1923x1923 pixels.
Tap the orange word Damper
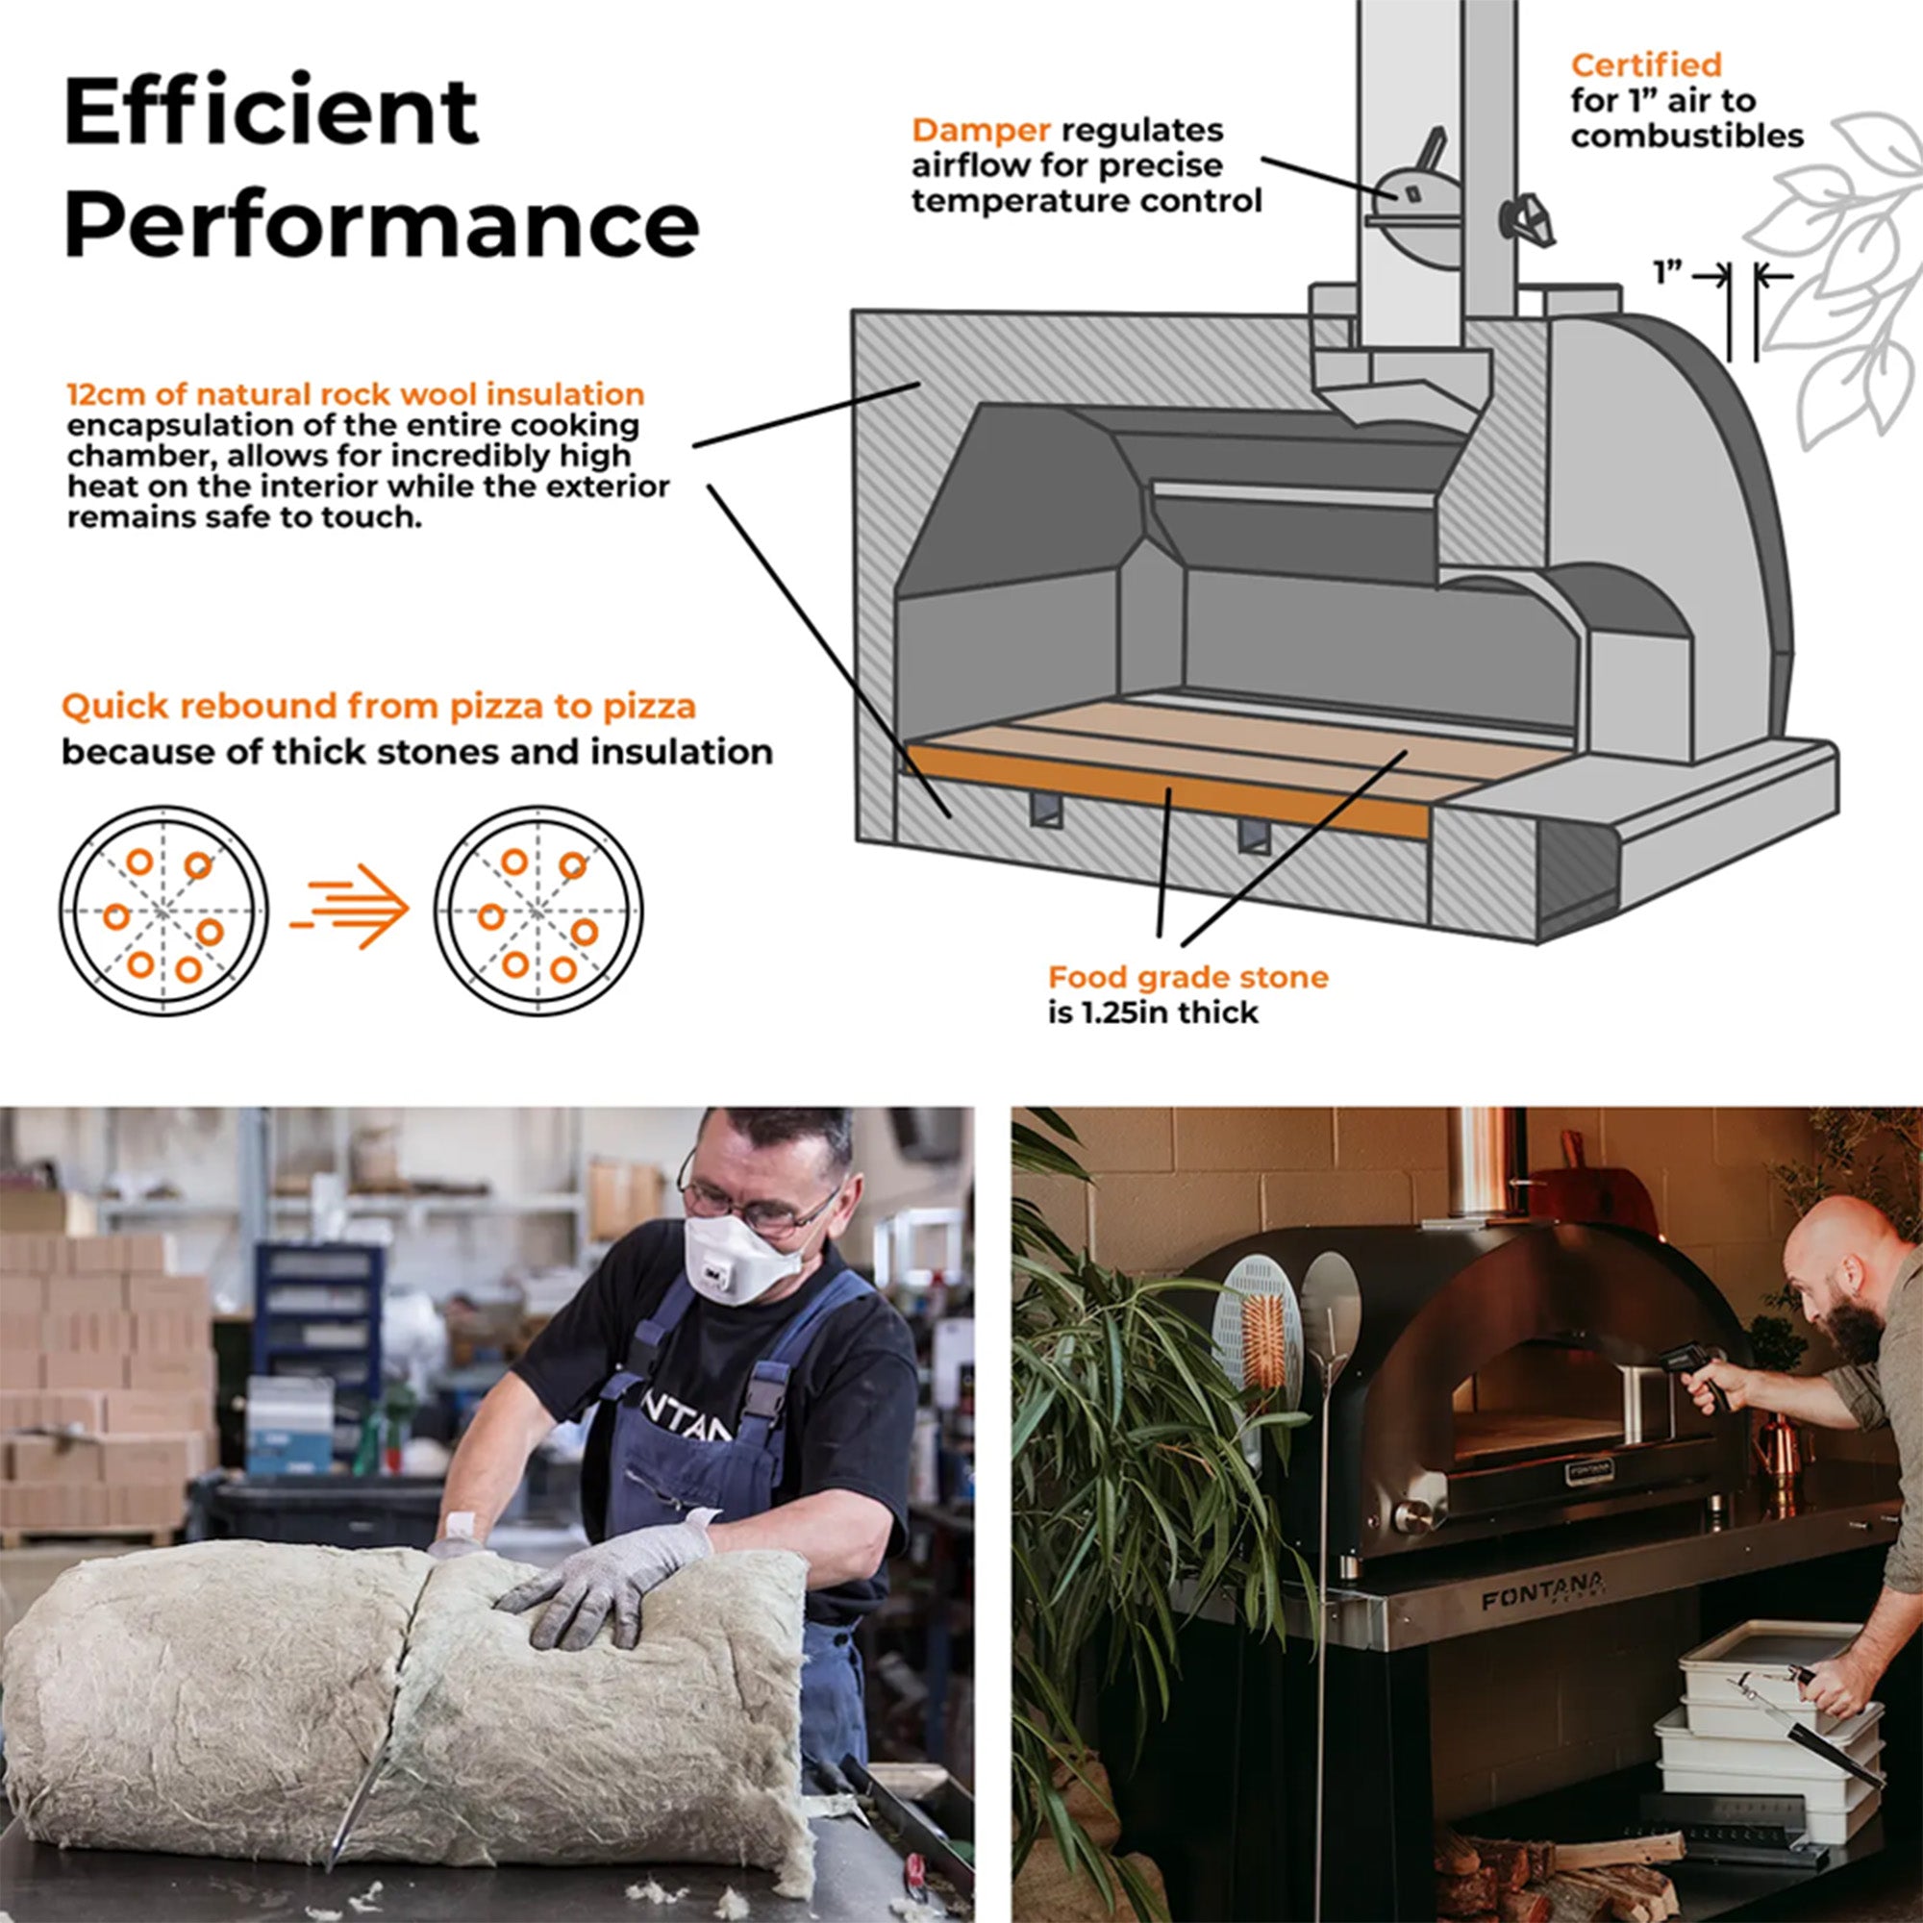982,131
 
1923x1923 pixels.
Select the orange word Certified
1646,64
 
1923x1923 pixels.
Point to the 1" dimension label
1669,273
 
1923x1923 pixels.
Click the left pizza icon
163,911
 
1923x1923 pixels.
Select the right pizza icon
538,911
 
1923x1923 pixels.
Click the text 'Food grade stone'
1187,977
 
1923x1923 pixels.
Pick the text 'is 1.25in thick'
1153,1012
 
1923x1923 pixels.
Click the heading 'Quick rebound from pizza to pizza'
378,707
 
